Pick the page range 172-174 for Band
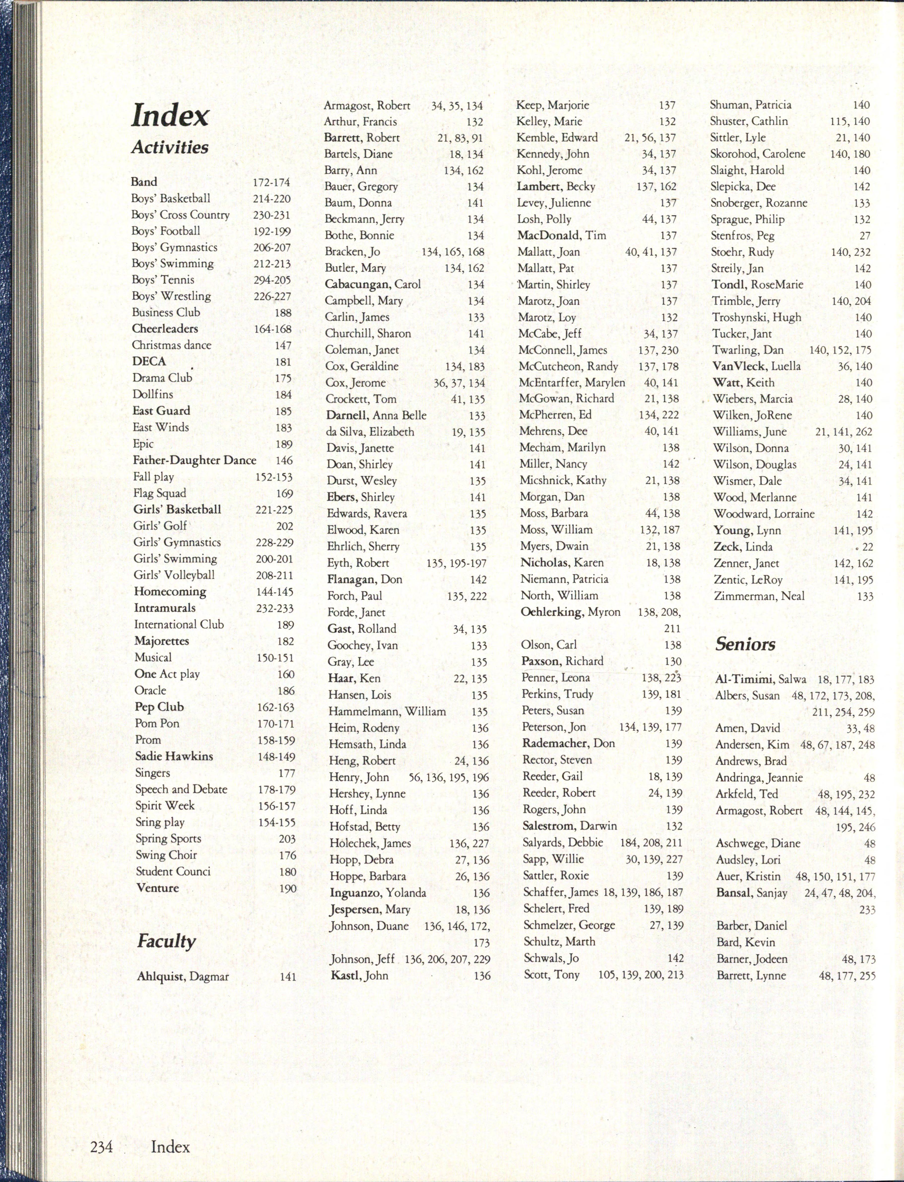271,182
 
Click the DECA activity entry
149,362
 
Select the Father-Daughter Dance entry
194,460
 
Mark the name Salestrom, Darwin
569,826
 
